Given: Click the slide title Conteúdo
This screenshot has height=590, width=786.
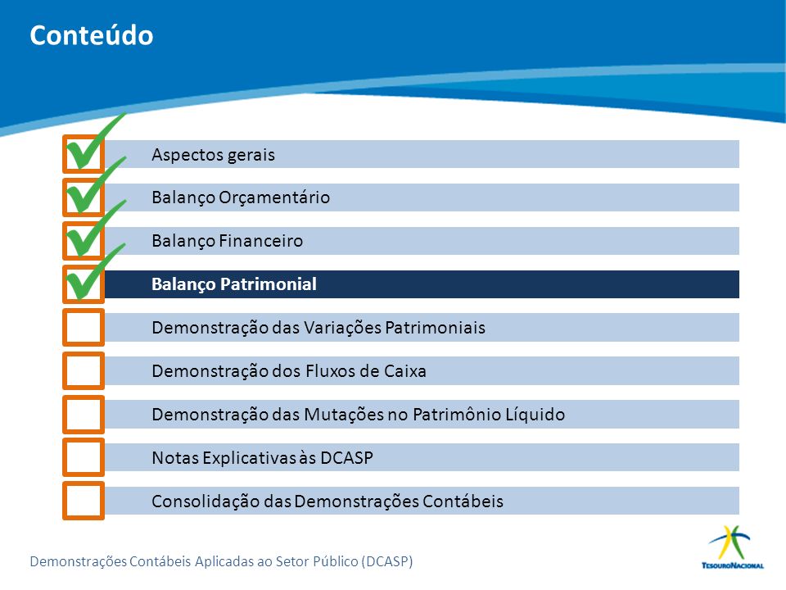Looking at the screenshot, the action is point(91,35).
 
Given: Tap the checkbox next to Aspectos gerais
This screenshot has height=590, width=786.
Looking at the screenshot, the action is point(84,154).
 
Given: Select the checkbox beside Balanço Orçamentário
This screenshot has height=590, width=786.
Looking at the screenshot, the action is point(84,197).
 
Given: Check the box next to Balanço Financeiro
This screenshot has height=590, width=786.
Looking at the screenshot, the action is point(84,241).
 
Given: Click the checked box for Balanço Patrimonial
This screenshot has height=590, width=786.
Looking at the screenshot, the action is point(84,284).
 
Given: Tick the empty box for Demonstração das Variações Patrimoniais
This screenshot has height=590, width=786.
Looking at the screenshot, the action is point(84,327).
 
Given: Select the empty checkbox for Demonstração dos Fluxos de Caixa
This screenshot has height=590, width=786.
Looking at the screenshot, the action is point(84,370).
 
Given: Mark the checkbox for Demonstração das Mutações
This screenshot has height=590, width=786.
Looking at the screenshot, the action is point(84,414).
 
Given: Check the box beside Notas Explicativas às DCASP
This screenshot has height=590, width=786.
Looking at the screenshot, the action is point(84,457).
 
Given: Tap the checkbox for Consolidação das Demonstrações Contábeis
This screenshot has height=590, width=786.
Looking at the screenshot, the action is point(84,501).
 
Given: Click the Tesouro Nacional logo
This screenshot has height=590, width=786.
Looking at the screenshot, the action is point(732,547).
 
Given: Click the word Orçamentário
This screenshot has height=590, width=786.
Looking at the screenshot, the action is point(274,197).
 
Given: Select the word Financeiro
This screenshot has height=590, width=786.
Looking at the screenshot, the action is point(261,241).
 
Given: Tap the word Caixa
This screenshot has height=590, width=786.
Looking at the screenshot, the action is point(405,370).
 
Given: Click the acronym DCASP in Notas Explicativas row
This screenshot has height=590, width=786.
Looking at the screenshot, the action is point(346,457).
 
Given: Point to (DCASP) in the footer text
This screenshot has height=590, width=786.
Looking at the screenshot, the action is point(387,560).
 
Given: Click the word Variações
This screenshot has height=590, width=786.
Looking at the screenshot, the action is point(342,327).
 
